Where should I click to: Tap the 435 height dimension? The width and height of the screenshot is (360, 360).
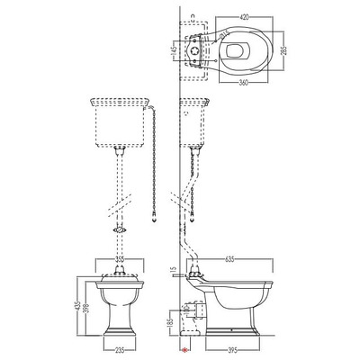point(78,309)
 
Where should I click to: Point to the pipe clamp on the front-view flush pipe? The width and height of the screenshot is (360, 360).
point(118,230)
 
